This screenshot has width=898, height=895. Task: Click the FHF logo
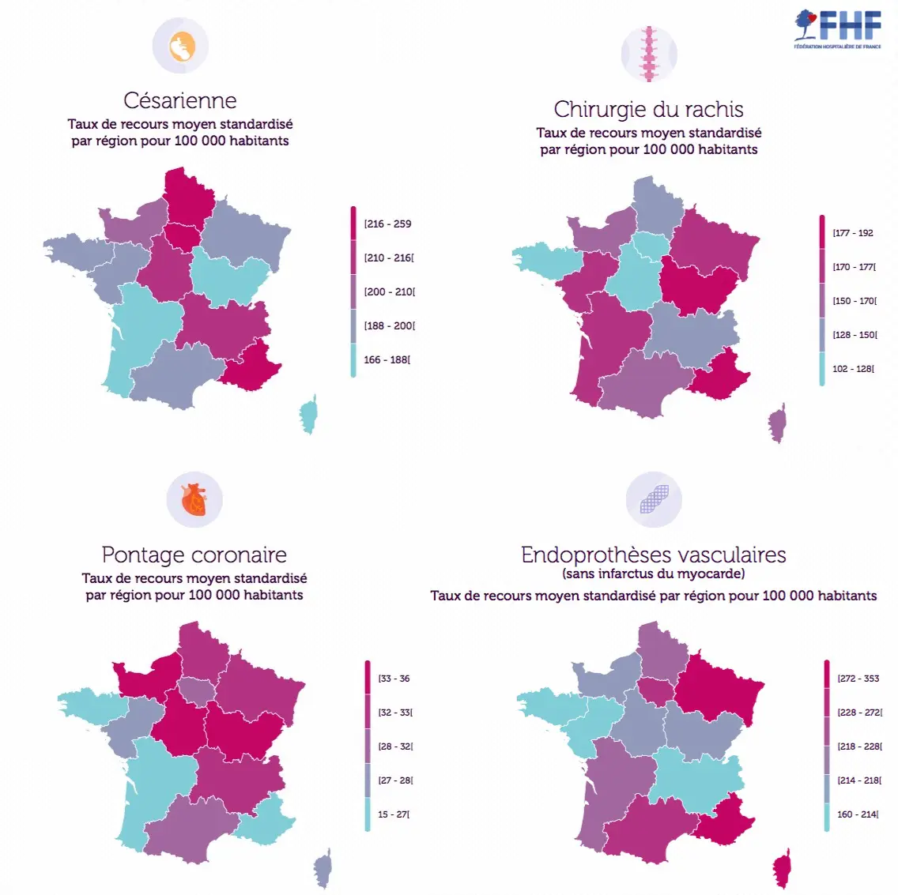[x=838, y=29]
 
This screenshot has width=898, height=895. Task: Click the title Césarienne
[x=180, y=100]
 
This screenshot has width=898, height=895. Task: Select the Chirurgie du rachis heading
[x=648, y=109]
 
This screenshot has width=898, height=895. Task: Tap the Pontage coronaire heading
[x=194, y=555]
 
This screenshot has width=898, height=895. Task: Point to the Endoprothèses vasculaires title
[x=653, y=555]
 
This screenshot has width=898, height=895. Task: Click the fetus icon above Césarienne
[x=181, y=46]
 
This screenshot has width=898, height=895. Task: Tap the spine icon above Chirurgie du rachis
[x=649, y=55]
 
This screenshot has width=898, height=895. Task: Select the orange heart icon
[x=194, y=500]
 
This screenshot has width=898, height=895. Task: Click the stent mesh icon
[x=654, y=500]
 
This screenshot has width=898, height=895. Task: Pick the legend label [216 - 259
[x=388, y=224]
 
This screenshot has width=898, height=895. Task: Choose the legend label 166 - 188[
[x=387, y=359]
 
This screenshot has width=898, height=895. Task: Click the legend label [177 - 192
[x=853, y=233]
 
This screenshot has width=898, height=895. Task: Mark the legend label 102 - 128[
[x=853, y=369]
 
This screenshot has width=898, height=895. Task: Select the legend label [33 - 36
[x=394, y=679]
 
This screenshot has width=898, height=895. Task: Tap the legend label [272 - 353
[x=858, y=679]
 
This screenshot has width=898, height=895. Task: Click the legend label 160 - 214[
[x=858, y=814]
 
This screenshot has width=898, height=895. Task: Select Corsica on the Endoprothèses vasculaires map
[x=783, y=868]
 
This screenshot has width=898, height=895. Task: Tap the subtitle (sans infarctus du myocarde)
[x=653, y=574]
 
